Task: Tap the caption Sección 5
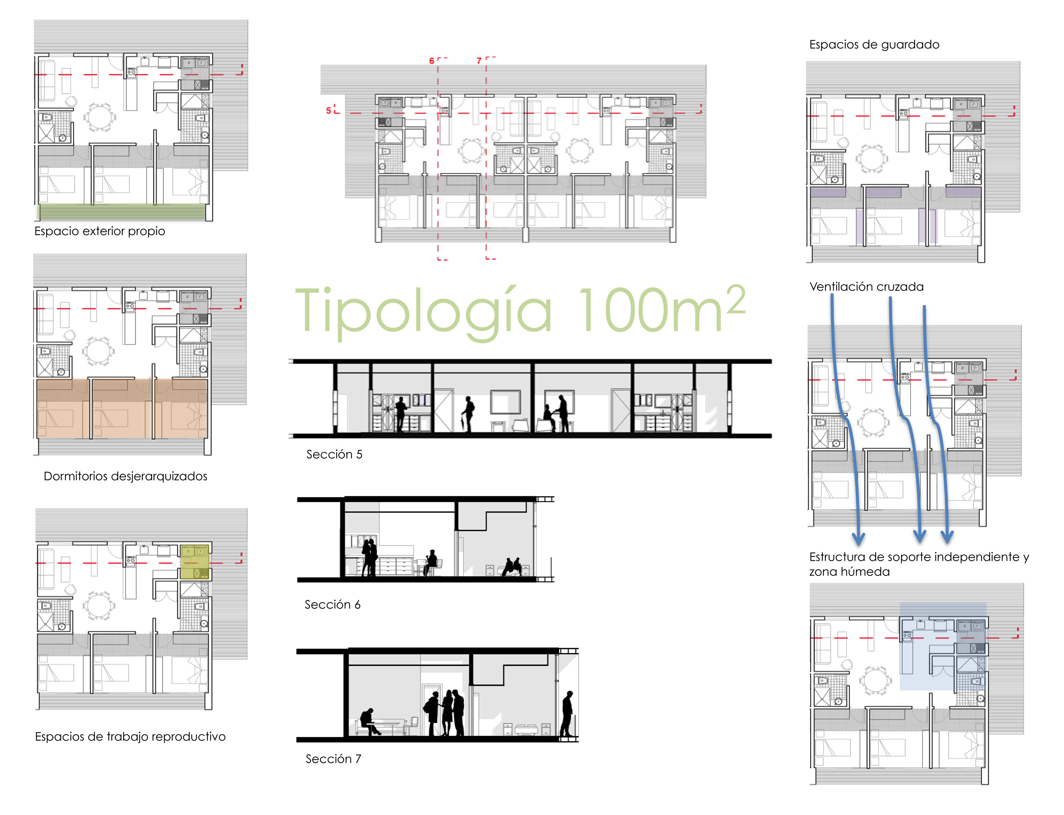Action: tap(334, 454)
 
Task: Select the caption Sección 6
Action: tap(332, 605)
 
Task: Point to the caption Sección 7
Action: tap(333, 759)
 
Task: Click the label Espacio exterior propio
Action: tap(99, 231)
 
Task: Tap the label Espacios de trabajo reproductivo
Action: tap(130, 737)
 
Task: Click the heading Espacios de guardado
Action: tap(874, 45)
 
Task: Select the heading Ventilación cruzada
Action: tap(866, 287)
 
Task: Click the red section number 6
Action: tap(432, 61)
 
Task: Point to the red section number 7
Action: tap(479, 61)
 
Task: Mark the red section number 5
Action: tap(328, 111)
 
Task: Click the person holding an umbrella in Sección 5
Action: tap(468, 413)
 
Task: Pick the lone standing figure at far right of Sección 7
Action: tap(567, 714)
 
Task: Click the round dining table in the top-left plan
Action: tap(99, 117)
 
